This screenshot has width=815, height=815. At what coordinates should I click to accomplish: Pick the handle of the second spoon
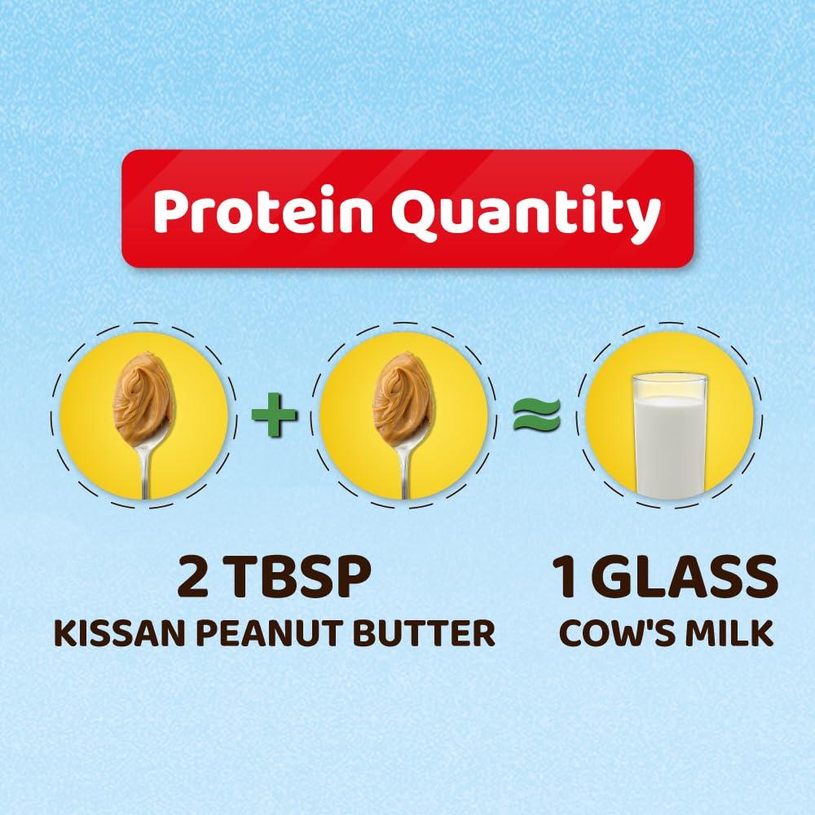(403, 469)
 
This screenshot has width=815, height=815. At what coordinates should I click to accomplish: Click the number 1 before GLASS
(565, 579)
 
